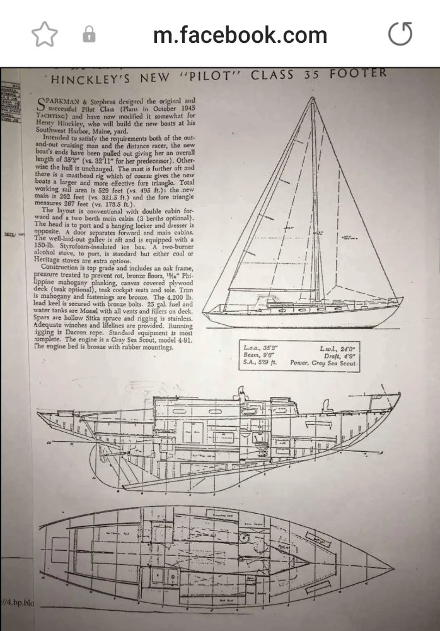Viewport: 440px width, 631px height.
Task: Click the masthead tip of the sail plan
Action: point(312,98)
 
